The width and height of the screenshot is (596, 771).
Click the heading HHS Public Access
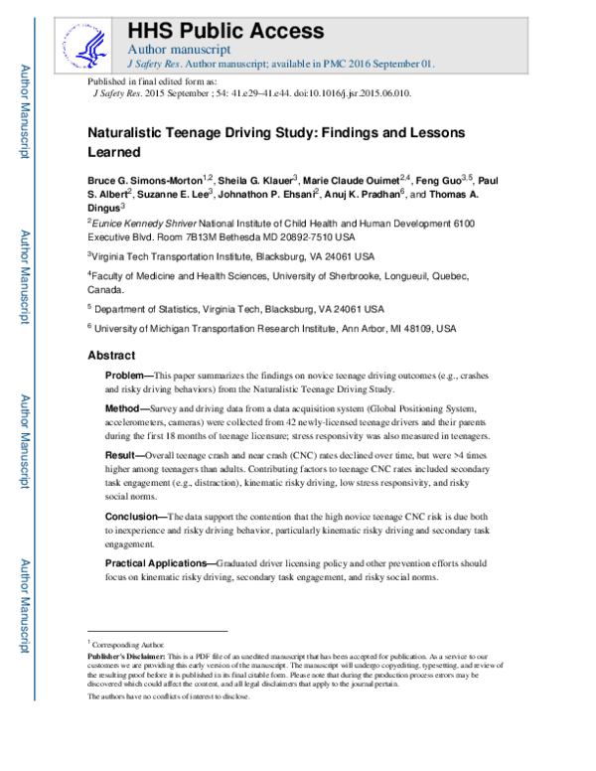pos(226,29)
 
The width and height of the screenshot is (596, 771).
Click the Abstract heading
pos(114,355)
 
